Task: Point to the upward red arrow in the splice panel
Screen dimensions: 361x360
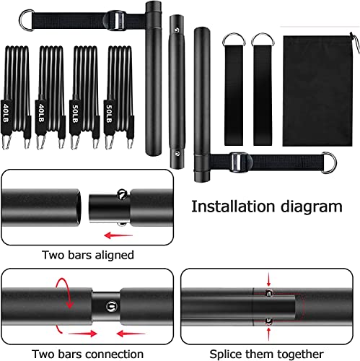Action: coord(269,331)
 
